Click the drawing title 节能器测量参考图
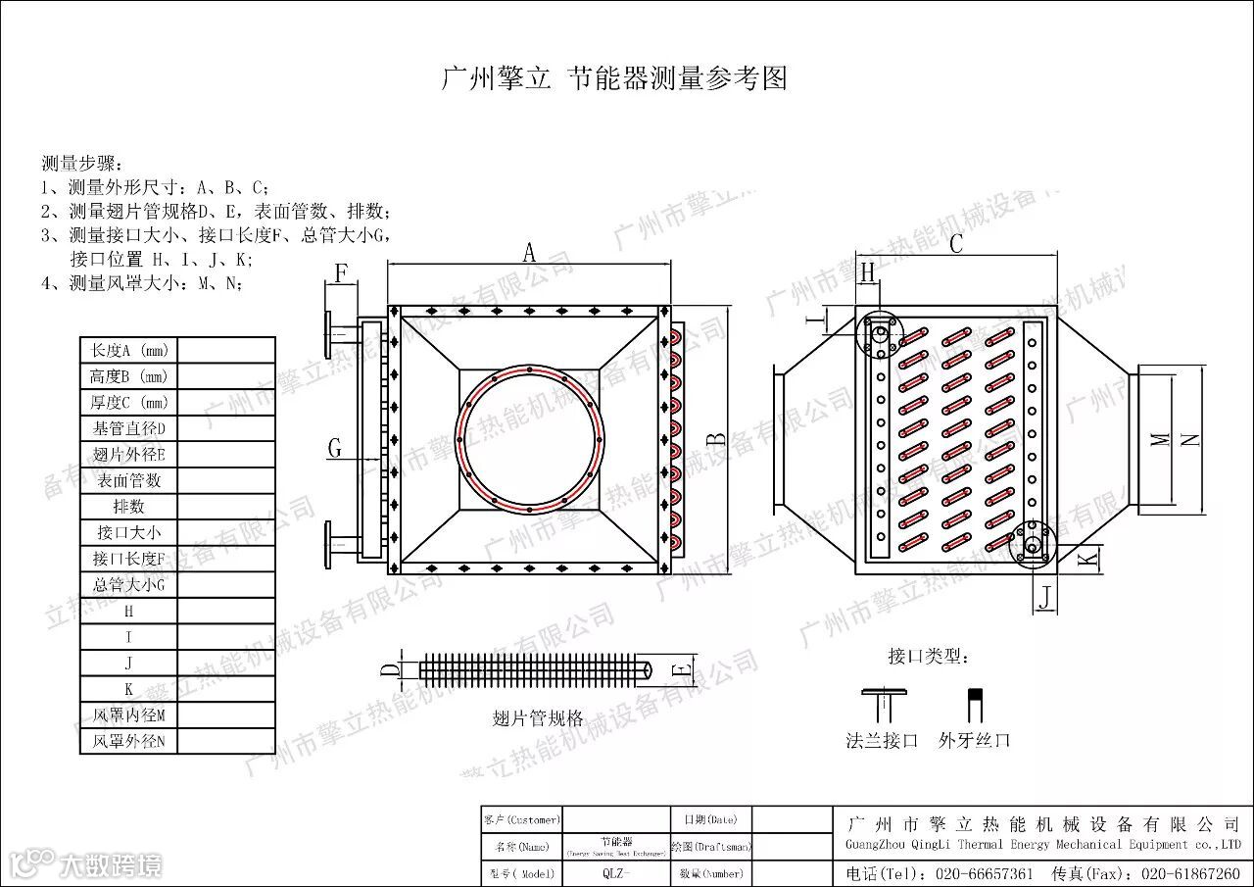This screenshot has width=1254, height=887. [677, 79]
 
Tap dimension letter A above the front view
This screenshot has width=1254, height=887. [529, 253]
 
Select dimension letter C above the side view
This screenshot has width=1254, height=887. [956, 244]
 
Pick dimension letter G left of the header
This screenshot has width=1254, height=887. [335, 449]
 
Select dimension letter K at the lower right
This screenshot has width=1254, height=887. [1085, 559]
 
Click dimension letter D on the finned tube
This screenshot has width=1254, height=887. [389, 670]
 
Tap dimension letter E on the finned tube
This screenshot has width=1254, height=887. [682, 670]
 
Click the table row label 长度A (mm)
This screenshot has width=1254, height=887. [128, 350]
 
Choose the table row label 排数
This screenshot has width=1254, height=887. [128, 507]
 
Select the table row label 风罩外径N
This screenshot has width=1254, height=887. [128, 742]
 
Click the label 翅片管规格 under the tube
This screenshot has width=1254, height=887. [537, 716]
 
